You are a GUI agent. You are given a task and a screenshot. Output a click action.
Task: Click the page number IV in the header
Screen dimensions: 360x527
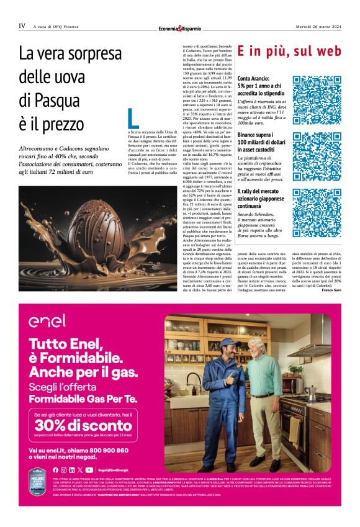[22, 26]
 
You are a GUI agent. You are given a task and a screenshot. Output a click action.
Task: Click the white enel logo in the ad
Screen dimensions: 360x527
[47, 322]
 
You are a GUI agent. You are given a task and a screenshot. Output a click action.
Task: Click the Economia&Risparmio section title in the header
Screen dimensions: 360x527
[181, 28]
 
